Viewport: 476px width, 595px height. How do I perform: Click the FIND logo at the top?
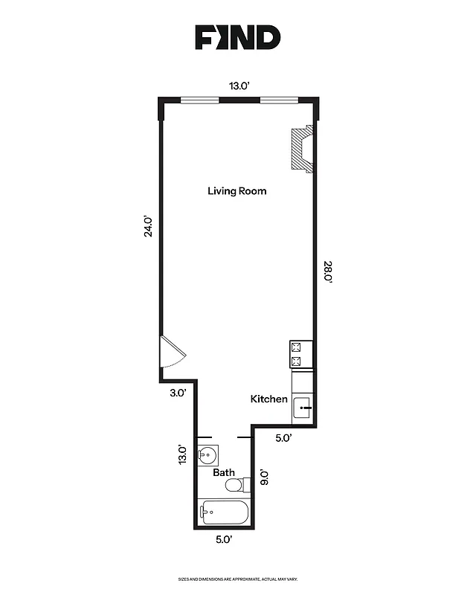coord(238,37)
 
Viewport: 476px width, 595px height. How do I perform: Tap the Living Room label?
coord(237,191)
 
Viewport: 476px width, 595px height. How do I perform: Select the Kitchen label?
coord(268,399)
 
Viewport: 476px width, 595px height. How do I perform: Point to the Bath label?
coord(224,472)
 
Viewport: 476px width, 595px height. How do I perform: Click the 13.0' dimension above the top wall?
coord(238,86)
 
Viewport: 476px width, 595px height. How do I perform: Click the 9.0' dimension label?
coord(263,477)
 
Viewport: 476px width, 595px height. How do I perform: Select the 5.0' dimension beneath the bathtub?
coord(225,539)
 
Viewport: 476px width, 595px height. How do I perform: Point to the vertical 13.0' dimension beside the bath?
coord(181,454)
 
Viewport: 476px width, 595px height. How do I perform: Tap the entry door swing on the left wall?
coord(171,352)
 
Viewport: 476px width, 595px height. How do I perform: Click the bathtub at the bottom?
coord(224,512)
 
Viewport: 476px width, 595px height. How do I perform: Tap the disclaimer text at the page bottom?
coord(238,579)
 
